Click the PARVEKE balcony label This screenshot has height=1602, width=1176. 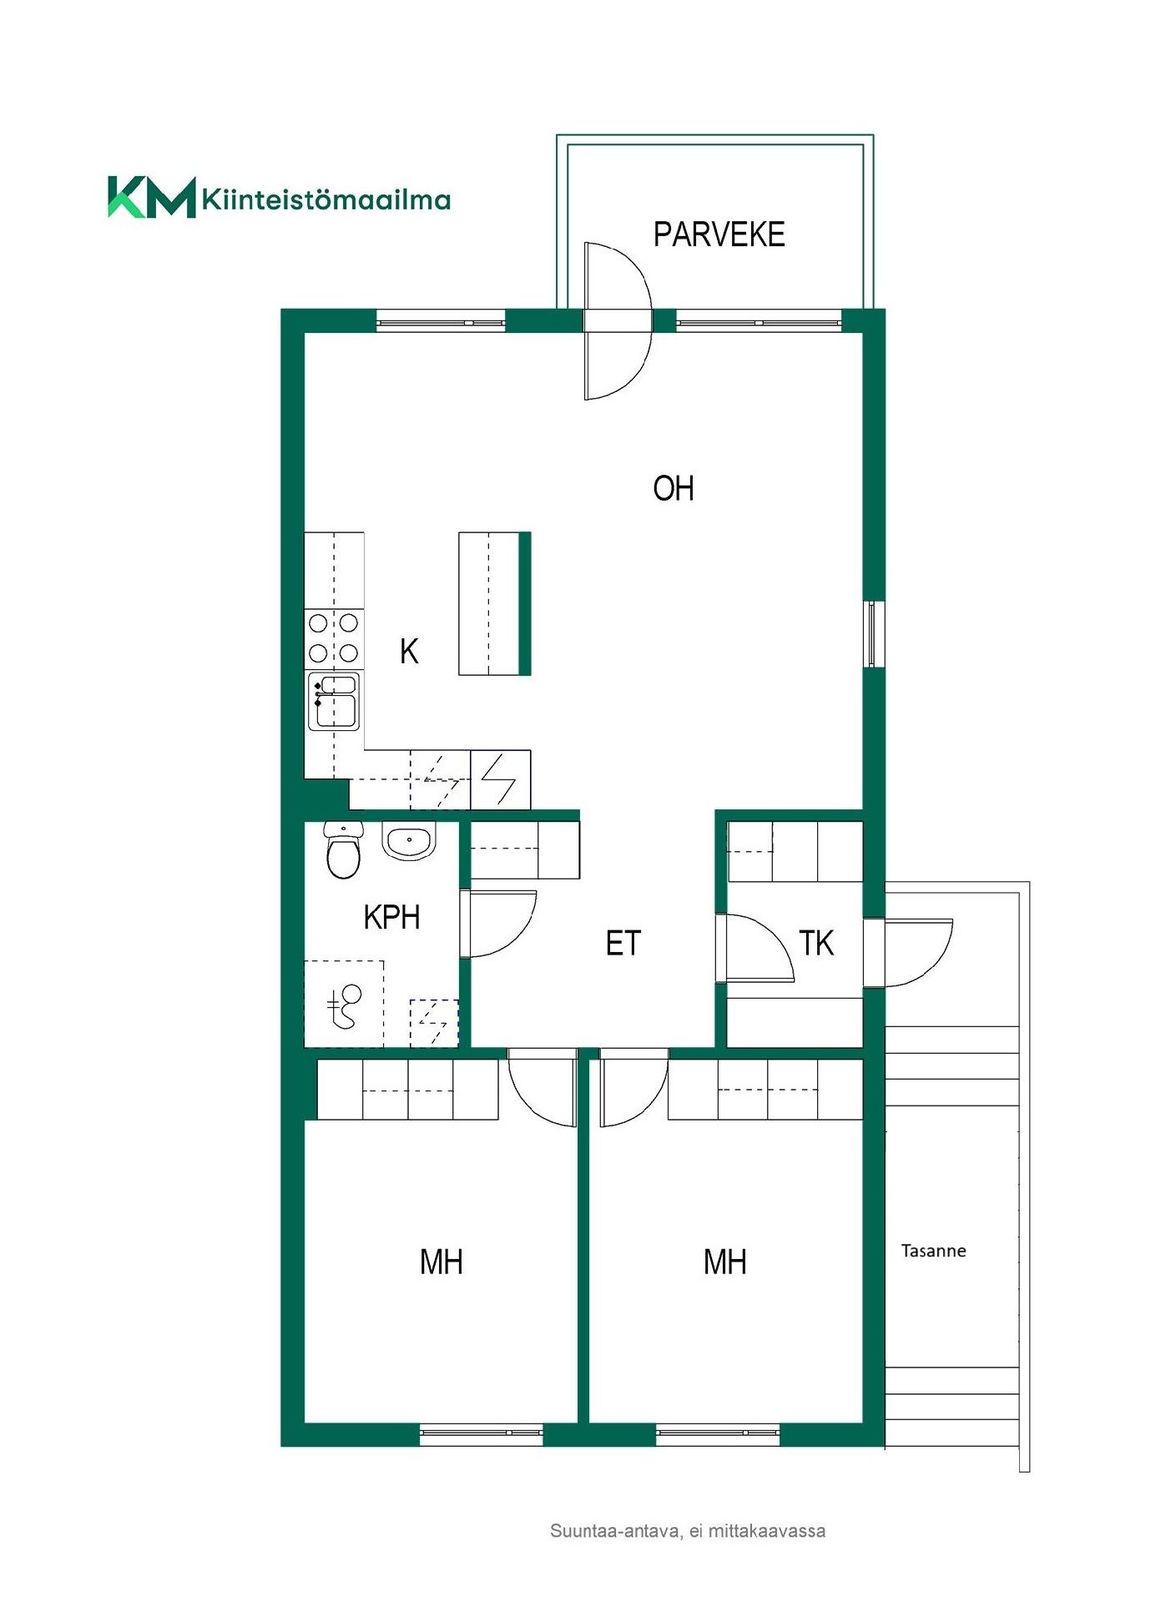pos(719,234)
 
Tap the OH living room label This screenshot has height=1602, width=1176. pos(673,488)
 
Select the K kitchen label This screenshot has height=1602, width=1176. pos(409,651)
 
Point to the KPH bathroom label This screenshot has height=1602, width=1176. pos(391,917)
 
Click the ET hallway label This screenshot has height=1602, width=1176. pos(623,943)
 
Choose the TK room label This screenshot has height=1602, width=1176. pos(816,943)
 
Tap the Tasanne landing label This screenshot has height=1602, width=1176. pos(933,1251)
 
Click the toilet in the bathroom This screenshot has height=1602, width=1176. pos(343,850)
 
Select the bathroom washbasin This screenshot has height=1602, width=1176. pos(409,841)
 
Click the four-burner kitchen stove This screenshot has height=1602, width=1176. pos(334,638)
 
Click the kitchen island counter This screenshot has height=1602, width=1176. pos(494,603)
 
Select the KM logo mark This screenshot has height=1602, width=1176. pos(152,197)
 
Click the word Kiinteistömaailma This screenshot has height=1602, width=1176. pos(326,199)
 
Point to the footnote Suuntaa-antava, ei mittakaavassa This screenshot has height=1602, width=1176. pos(688,1531)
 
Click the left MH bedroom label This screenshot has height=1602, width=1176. pos(441,1262)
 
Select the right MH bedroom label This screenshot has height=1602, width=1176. pos(724,1262)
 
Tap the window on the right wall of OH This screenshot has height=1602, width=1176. pos(873,633)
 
